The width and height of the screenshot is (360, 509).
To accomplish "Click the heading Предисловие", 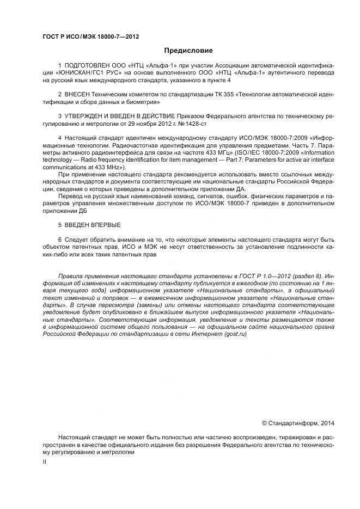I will [180, 51].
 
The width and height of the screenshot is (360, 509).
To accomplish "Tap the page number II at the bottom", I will [45, 462].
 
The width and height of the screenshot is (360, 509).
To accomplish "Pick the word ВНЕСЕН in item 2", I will [78, 94].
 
